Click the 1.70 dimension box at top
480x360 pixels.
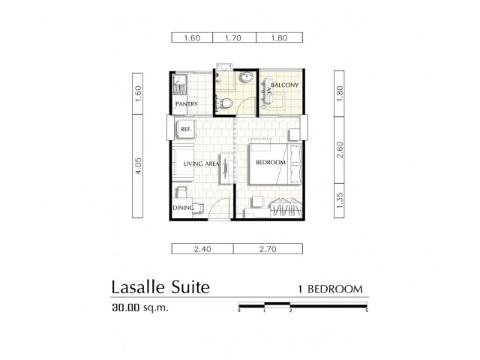[x=234, y=37]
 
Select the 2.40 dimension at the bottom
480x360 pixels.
[x=202, y=249]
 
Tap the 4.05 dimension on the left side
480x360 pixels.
[x=138, y=166]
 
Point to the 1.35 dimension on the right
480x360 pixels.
[x=339, y=200]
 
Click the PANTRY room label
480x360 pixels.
[x=187, y=103]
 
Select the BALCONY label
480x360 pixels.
[x=285, y=85]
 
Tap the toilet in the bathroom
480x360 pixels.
[x=223, y=103]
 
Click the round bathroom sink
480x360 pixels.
[x=247, y=76]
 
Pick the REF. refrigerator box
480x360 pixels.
[x=185, y=129]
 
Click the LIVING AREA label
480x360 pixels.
[x=201, y=163]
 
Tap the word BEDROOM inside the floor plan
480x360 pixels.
[x=271, y=163]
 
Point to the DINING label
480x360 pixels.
[x=183, y=208]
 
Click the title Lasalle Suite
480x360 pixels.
[x=160, y=287]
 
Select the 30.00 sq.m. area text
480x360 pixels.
[x=140, y=307]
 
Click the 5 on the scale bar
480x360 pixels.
[x=367, y=310]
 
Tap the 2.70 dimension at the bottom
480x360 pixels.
[x=268, y=249]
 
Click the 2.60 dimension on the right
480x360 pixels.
[x=339, y=150]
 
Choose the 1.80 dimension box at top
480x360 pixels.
[x=280, y=37]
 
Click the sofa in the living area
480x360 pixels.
[x=183, y=163]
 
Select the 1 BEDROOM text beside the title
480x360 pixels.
[x=330, y=289]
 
